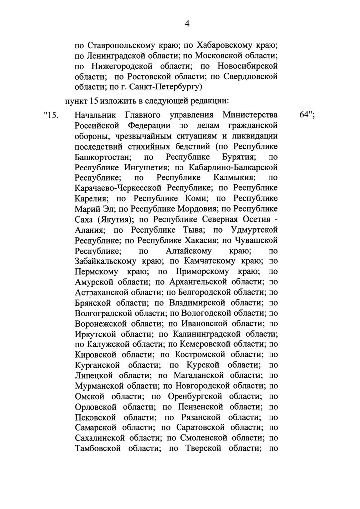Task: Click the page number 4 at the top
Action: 187,23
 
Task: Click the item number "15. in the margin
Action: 51,116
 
